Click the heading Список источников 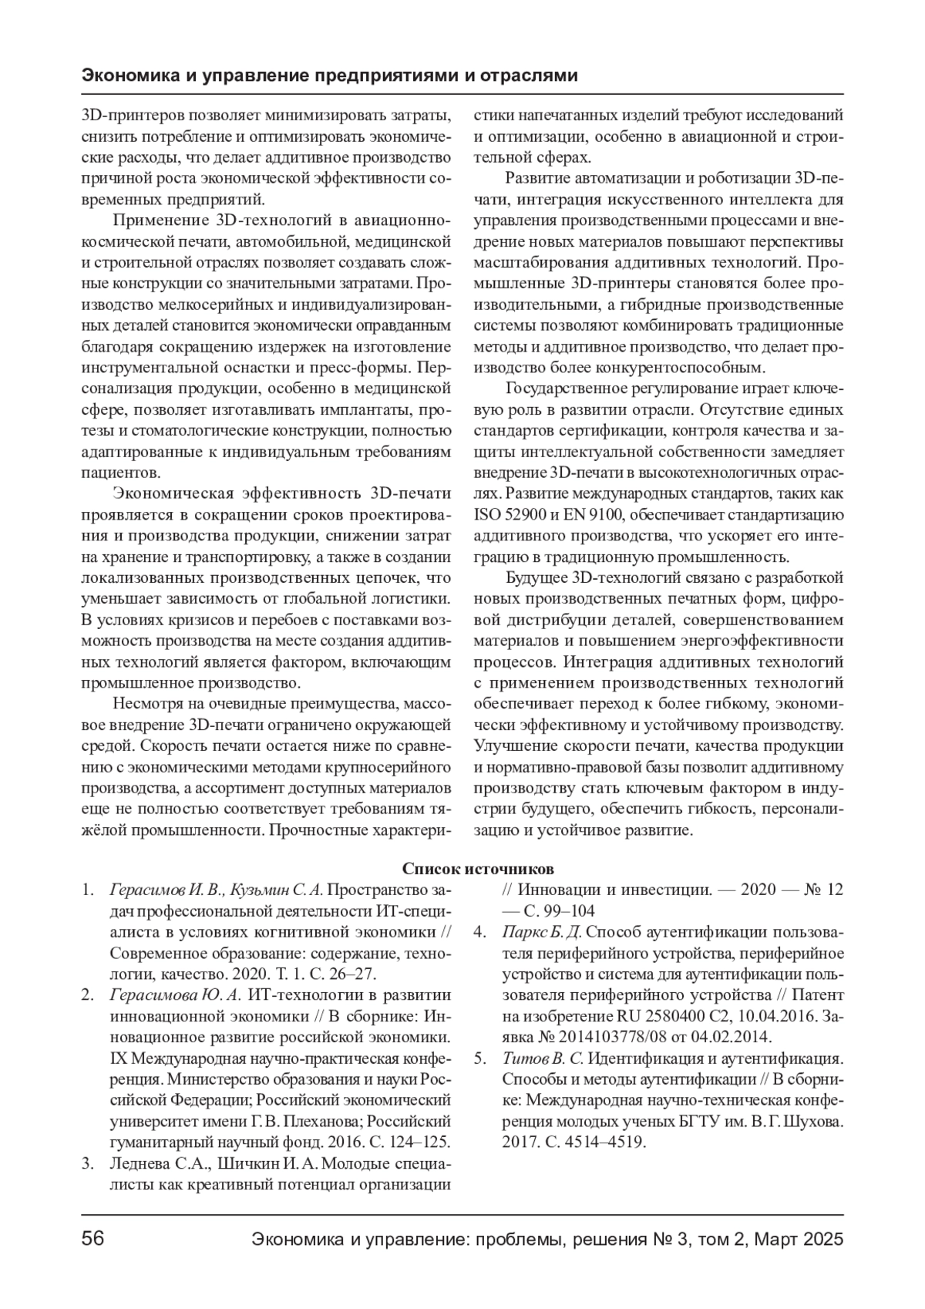478,869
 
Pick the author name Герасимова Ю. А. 177,994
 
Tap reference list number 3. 89,1163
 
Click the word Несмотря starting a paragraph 146,703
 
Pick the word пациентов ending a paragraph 120,472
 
